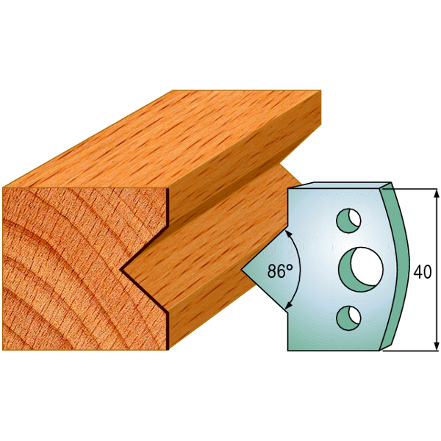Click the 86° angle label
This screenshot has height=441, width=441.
pos(280,270)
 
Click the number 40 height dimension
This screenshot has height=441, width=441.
pos(422,272)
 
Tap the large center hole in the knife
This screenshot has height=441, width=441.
pos(361,270)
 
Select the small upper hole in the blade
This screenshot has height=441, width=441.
pos(348,220)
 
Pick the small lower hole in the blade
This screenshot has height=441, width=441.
pos(348,318)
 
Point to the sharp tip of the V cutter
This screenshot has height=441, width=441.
pos(241,270)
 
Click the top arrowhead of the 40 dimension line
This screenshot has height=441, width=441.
pos(436,194)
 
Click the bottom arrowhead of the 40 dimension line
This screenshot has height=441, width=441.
pos(436,345)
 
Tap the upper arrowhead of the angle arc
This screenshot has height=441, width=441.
pos(288,233)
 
